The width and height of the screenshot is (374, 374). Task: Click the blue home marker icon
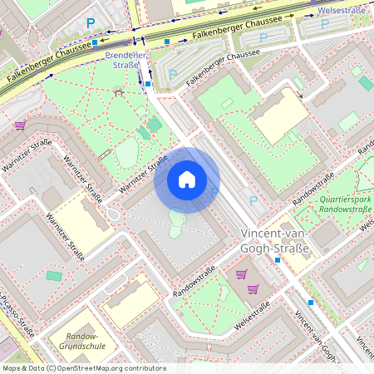click(x=187, y=180)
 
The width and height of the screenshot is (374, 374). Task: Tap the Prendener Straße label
click(x=127, y=59)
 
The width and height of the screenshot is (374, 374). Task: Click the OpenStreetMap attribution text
click(x=84, y=368)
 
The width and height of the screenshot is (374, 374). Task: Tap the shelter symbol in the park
click(x=117, y=91)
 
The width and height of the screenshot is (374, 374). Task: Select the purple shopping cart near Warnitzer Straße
click(x=20, y=125)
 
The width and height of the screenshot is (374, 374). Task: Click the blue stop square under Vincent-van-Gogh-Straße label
click(x=278, y=260)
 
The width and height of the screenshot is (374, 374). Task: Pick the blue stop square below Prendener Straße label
click(x=148, y=84)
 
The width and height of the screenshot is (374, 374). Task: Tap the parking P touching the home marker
click(x=214, y=192)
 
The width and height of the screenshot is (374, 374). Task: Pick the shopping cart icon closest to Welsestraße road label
click(x=253, y=289)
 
